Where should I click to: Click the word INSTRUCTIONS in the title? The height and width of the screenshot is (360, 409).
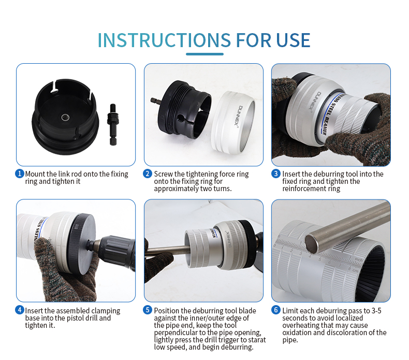pos(164,40)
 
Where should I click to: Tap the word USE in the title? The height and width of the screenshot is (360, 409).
pos(293,40)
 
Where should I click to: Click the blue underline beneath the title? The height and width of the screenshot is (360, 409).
pos(204,54)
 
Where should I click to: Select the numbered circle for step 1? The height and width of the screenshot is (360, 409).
pos(20,174)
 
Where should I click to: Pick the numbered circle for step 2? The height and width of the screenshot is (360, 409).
pos(148,174)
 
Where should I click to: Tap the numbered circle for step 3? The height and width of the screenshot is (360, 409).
pos(276,174)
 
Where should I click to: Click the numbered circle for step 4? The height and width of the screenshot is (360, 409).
pos(20,310)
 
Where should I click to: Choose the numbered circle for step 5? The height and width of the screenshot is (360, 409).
pos(148,310)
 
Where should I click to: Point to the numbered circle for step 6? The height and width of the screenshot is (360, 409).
pos(276,310)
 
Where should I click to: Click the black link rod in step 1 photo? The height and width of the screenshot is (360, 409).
pos(113,124)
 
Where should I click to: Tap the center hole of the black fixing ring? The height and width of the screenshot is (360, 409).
pos(65,118)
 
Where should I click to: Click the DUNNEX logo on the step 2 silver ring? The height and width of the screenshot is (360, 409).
pos(242,116)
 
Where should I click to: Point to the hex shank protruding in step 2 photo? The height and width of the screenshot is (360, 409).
pos(156,101)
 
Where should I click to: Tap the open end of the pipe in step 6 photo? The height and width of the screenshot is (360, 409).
pos(312,243)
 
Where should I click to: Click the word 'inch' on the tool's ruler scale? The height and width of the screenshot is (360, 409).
pos(359,260)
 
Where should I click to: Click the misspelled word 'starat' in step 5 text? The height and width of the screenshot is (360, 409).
pos(256,340)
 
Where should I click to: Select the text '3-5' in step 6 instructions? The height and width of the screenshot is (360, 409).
pos(376,310)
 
